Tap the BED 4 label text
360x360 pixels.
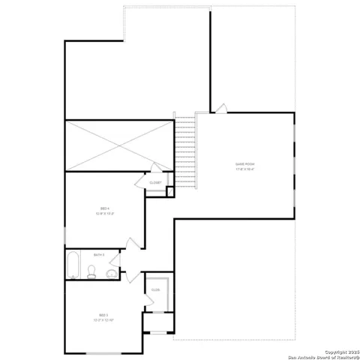click(x=105, y=208)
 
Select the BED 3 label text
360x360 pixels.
click(x=103, y=314)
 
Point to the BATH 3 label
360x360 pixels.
click(x=98, y=255)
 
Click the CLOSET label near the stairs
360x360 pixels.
click(x=155, y=182)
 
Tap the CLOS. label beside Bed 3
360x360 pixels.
click(x=156, y=289)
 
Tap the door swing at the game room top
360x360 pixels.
click(x=220, y=109)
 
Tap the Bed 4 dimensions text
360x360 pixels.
click(x=105, y=214)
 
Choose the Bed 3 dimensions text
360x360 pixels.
click(x=103, y=320)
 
